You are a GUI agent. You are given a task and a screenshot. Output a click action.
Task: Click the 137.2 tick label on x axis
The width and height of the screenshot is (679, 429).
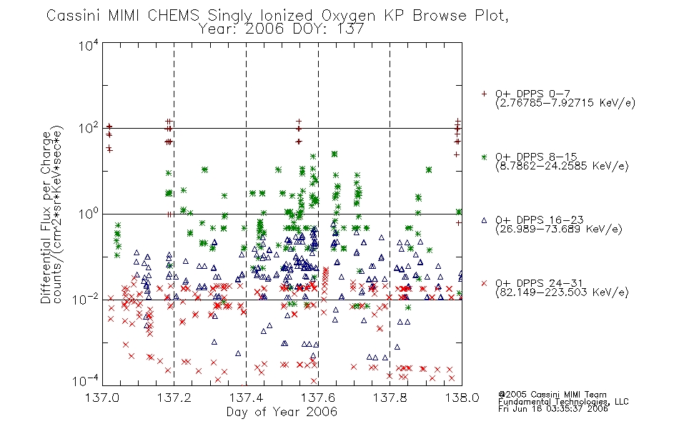click(x=174, y=398)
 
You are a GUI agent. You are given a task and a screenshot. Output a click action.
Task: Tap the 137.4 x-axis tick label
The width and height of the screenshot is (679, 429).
click(x=246, y=398)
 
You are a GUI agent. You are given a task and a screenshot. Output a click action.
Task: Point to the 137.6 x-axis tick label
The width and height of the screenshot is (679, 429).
click(x=318, y=398)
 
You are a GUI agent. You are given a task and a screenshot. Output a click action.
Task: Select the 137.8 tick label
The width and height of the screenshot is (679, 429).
click(x=390, y=398)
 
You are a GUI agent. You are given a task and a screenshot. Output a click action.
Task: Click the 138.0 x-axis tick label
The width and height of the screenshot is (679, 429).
click(x=462, y=398)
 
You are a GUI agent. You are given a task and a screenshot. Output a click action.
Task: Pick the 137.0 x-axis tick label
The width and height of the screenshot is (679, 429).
click(x=102, y=398)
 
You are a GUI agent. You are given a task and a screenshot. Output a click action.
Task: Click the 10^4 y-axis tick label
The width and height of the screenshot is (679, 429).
click(x=89, y=45)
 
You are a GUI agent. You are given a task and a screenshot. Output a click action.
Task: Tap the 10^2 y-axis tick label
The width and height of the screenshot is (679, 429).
click(x=89, y=129)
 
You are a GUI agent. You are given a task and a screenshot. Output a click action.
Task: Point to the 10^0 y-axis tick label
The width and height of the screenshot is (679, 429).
click(x=89, y=214)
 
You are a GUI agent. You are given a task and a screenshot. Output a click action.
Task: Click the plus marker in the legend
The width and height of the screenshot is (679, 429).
click(x=484, y=94)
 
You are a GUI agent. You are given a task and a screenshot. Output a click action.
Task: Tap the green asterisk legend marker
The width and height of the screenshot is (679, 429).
click(x=484, y=157)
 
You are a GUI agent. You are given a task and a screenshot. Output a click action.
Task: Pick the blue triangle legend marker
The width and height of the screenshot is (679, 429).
click(x=484, y=220)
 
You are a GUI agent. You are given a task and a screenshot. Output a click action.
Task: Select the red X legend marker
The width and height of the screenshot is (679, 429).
click(x=484, y=283)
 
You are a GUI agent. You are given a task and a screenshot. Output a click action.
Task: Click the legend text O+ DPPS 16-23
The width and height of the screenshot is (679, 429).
click(x=540, y=220)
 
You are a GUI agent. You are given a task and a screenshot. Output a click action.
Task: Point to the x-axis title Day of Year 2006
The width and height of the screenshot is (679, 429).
click(x=282, y=412)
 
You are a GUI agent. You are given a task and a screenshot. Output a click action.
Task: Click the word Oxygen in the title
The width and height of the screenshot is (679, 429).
click(x=349, y=16)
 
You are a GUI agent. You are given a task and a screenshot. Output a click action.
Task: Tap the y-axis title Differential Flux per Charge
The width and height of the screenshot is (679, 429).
click(x=46, y=217)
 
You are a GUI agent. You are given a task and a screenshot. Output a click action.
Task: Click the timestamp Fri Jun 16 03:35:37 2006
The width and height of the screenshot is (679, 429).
click(x=553, y=409)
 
